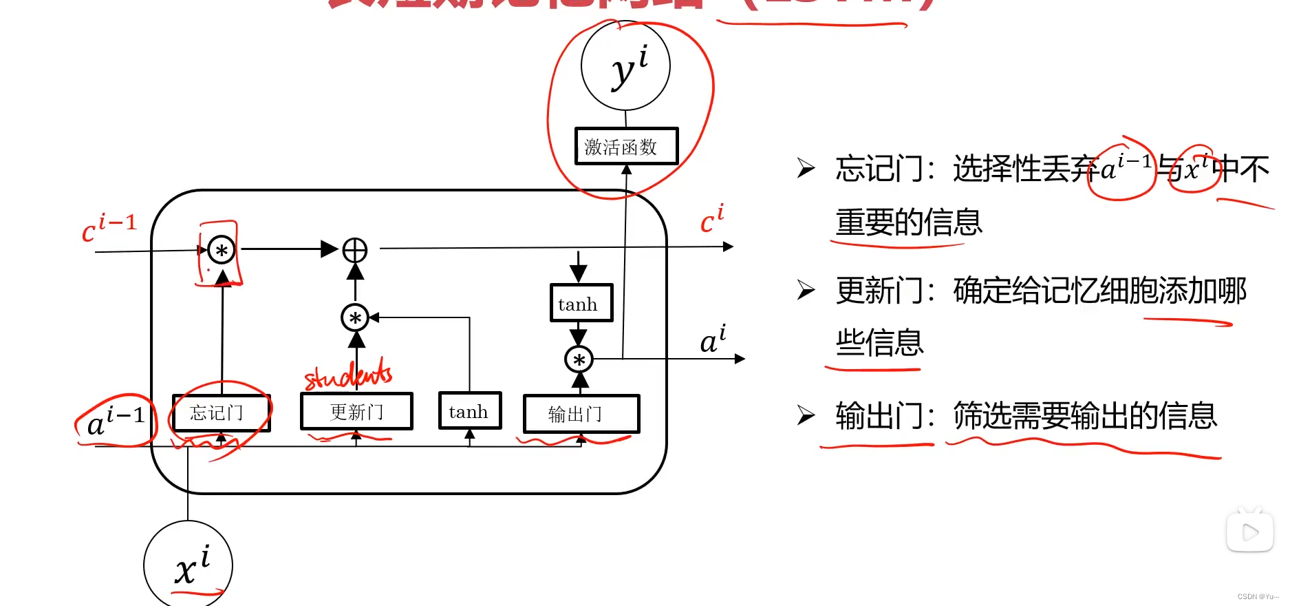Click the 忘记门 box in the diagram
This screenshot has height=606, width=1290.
(x=221, y=412)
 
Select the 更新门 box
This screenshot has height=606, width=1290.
(x=356, y=412)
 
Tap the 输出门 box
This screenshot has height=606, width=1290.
(x=581, y=414)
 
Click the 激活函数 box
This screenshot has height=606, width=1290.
(x=626, y=146)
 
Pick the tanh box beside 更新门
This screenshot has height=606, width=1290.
(x=470, y=411)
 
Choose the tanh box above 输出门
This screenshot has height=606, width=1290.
(x=581, y=304)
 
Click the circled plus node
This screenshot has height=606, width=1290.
(x=355, y=250)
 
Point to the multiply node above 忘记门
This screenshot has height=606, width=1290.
(x=222, y=250)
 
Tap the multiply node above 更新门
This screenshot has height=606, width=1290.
(x=355, y=317)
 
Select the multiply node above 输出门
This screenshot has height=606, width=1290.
(x=579, y=359)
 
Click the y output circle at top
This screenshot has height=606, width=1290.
(x=625, y=66)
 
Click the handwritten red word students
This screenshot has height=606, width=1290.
(x=348, y=375)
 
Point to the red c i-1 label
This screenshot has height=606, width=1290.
(x=109, y=228)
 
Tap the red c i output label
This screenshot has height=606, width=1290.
(x=712, y=219)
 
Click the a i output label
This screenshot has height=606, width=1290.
(x=713, y=339)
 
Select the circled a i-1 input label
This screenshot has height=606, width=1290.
(x=116, y=419)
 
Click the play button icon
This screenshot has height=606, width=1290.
(x=1249, y=532)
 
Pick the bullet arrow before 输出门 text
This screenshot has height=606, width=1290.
(x=806, y=415)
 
